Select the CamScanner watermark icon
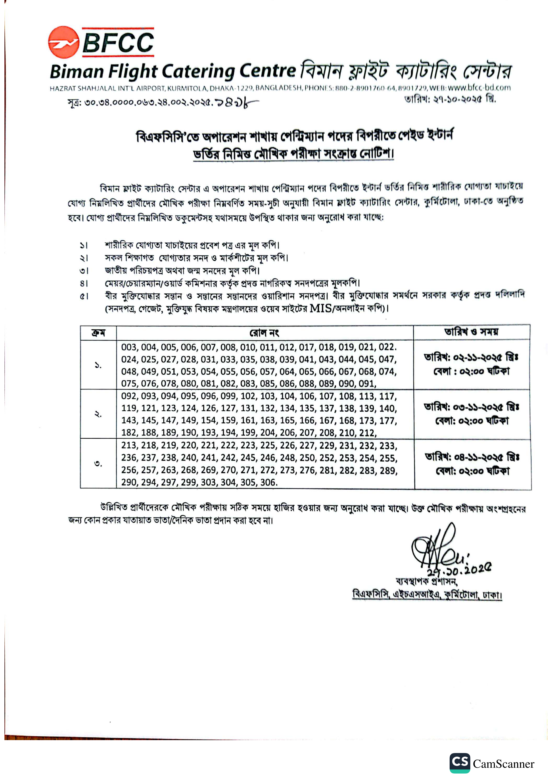[459, 763]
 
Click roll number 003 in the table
[129, 347]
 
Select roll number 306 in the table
[269, 482]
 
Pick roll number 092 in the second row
[129, 396]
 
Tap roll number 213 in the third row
[129, 446]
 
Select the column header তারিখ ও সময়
[471, 332]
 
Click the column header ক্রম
[98, 333]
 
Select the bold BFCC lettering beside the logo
[118, 42]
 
